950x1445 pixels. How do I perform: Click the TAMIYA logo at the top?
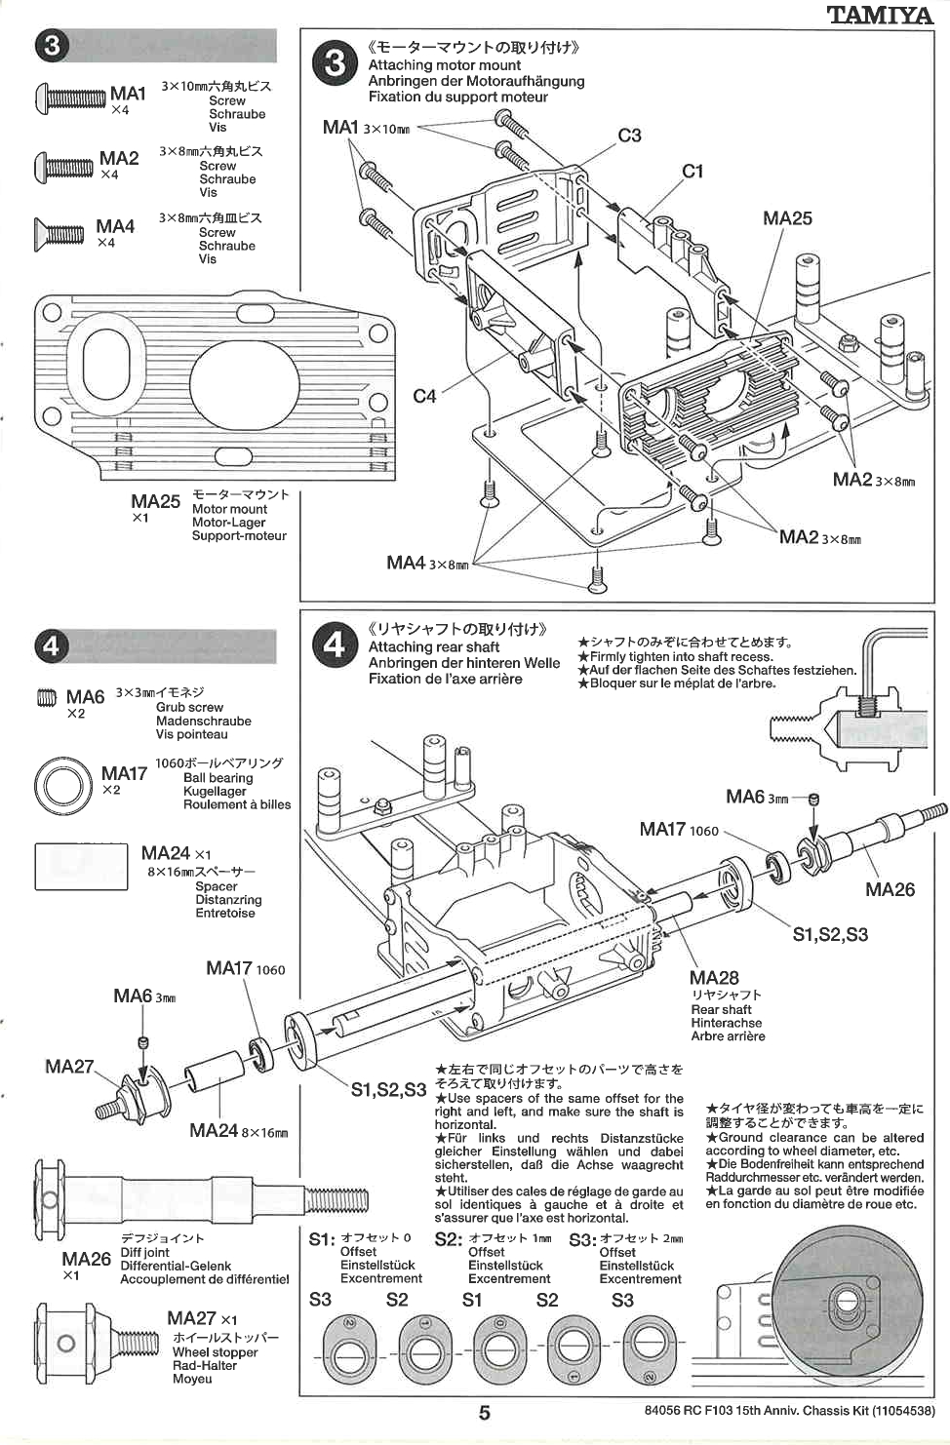(x=880, y=15)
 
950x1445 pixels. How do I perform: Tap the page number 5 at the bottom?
(x=484, y=1412)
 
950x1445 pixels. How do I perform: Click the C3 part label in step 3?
(x=629, y=136)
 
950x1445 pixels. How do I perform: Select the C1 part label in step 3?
(x=693, y=172)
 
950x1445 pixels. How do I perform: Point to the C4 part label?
(x=424, y=396)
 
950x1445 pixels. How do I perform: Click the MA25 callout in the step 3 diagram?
(x=787, y=218)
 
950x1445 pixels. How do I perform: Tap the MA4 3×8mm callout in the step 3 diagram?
(x=426, y=563)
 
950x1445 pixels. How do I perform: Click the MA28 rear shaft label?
(x=714, y=978)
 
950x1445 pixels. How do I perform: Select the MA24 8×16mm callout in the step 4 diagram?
(x=238, y=1131)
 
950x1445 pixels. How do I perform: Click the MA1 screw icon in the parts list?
(x=70, y=98)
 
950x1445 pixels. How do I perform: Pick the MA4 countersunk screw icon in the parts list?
(x=59, y=233)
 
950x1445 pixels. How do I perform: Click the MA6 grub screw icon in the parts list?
(x=46, y=697)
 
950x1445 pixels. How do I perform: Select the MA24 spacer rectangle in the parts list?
(x=80, y=868)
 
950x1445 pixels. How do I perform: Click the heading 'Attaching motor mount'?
(x=444, y=65)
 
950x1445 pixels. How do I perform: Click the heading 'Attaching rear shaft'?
(x=433, y=646)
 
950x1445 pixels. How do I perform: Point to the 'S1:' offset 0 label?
(x=322, y=1239)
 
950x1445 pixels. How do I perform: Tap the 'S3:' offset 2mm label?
(x=582, y=1239)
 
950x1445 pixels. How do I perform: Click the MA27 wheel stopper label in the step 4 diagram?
(x=69, y=1066)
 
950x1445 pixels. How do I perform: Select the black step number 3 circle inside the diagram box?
(x=335, y=63)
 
